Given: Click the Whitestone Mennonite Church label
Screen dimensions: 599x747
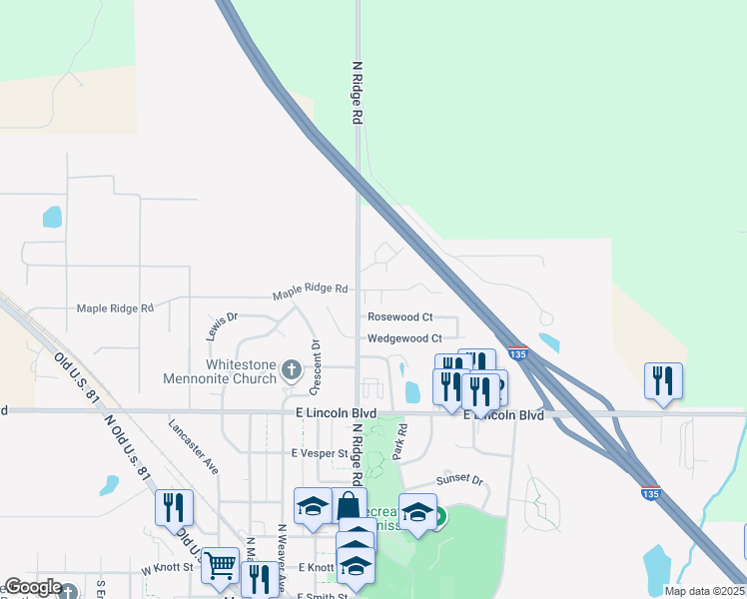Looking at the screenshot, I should tap(226, 372).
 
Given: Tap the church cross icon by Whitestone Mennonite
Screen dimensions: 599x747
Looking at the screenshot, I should tap(292, 372).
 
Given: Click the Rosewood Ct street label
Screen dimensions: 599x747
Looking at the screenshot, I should tap(399, 316).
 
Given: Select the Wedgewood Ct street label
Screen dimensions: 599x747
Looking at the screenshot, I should tap(404, 338).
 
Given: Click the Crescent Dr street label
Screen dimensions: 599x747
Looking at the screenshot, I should tap(315, 366).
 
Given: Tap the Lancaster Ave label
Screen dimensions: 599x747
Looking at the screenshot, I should tap(194, 444).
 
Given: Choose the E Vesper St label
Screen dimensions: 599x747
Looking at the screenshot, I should tap(318, 453).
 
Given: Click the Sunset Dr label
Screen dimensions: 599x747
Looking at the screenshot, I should tap(459, 480).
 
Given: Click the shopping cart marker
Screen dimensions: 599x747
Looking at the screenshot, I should tap(220, 566).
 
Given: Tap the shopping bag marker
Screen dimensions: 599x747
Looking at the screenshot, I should tap(348, 505).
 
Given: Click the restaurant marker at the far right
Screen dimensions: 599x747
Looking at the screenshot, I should tap(663, 380).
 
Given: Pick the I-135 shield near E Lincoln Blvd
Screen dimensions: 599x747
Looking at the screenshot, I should tap(517, 354).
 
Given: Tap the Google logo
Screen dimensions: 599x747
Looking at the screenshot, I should tap(33, 587).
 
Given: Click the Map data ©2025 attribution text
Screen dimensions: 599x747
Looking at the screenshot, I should tap(704, 591).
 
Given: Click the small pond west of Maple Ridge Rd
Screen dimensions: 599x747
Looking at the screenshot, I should tap(52, 216).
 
